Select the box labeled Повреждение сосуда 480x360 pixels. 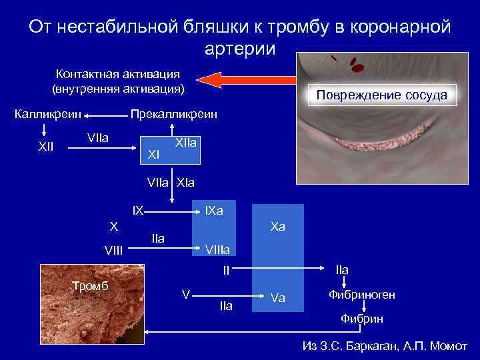coord(381,95)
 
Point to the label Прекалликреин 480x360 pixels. coord(174,113)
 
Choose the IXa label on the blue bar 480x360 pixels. coord(214,211)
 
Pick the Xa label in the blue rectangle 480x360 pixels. coord(278,227)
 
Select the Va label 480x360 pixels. coord(278,298)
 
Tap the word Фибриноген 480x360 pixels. coord(362,294)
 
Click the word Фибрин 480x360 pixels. coord(362,319)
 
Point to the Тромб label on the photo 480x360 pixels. coord(90,287)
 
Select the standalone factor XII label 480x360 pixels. coord(45,146)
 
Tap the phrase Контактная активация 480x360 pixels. coord(117,73)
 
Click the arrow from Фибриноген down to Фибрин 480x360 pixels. coord(362,307)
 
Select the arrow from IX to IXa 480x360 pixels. coord(169,211)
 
